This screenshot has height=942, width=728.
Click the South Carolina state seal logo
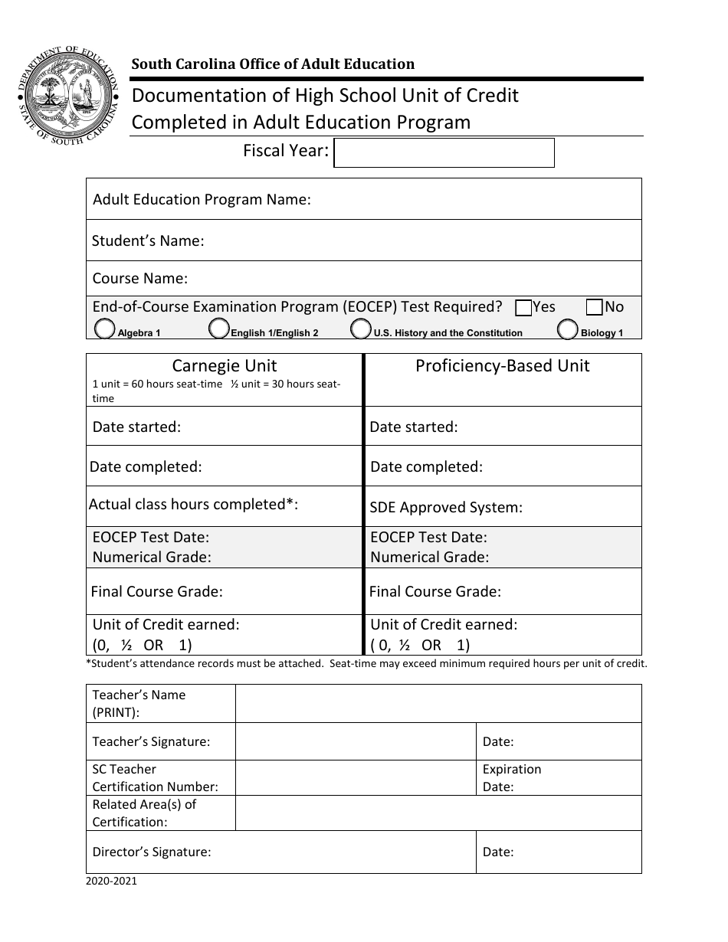pos(68,97)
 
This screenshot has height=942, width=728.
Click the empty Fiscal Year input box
pos(444,152)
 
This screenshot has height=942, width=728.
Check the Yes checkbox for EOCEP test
pos(524,308)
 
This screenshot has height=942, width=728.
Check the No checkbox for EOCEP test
pos(594,308)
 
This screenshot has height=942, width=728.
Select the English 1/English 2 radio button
pos(219,329)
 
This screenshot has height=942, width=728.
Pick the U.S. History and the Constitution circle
pos(360,329)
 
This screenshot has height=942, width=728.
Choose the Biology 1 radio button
pos(568,329)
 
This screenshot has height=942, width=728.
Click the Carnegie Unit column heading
pos(224,366)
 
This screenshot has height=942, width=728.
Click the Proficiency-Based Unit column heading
pos(502,366)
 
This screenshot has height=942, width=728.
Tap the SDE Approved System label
pos(446,507)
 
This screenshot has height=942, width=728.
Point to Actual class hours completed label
pos(193,504)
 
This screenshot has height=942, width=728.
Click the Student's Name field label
pos(148,240)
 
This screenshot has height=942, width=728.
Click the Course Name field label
pos(140,278)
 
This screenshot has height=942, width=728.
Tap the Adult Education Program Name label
pos(202,199)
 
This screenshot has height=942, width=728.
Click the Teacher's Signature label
pos(151,741)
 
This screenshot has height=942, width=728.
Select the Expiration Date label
pos(511,777)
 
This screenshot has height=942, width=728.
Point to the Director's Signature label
pos(152,852)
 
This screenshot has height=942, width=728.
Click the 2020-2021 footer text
pos(112,881)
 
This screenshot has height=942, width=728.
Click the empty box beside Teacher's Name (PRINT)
pos(438,703)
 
